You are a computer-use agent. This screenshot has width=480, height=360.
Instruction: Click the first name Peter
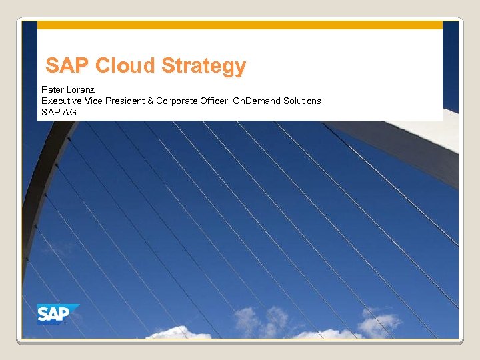pos(53,89)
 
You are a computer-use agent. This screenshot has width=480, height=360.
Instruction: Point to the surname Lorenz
pos(81,89)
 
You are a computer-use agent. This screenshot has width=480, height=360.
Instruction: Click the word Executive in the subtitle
pos(61,101)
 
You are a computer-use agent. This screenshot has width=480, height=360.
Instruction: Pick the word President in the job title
pos(126,101)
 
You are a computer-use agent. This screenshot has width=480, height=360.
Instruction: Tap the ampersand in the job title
pos(151,101)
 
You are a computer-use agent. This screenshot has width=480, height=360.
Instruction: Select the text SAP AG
pos(59,112)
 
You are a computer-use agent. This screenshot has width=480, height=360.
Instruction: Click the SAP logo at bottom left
pos(57,313)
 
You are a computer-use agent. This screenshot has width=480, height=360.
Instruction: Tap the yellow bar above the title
pos(239,25)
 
